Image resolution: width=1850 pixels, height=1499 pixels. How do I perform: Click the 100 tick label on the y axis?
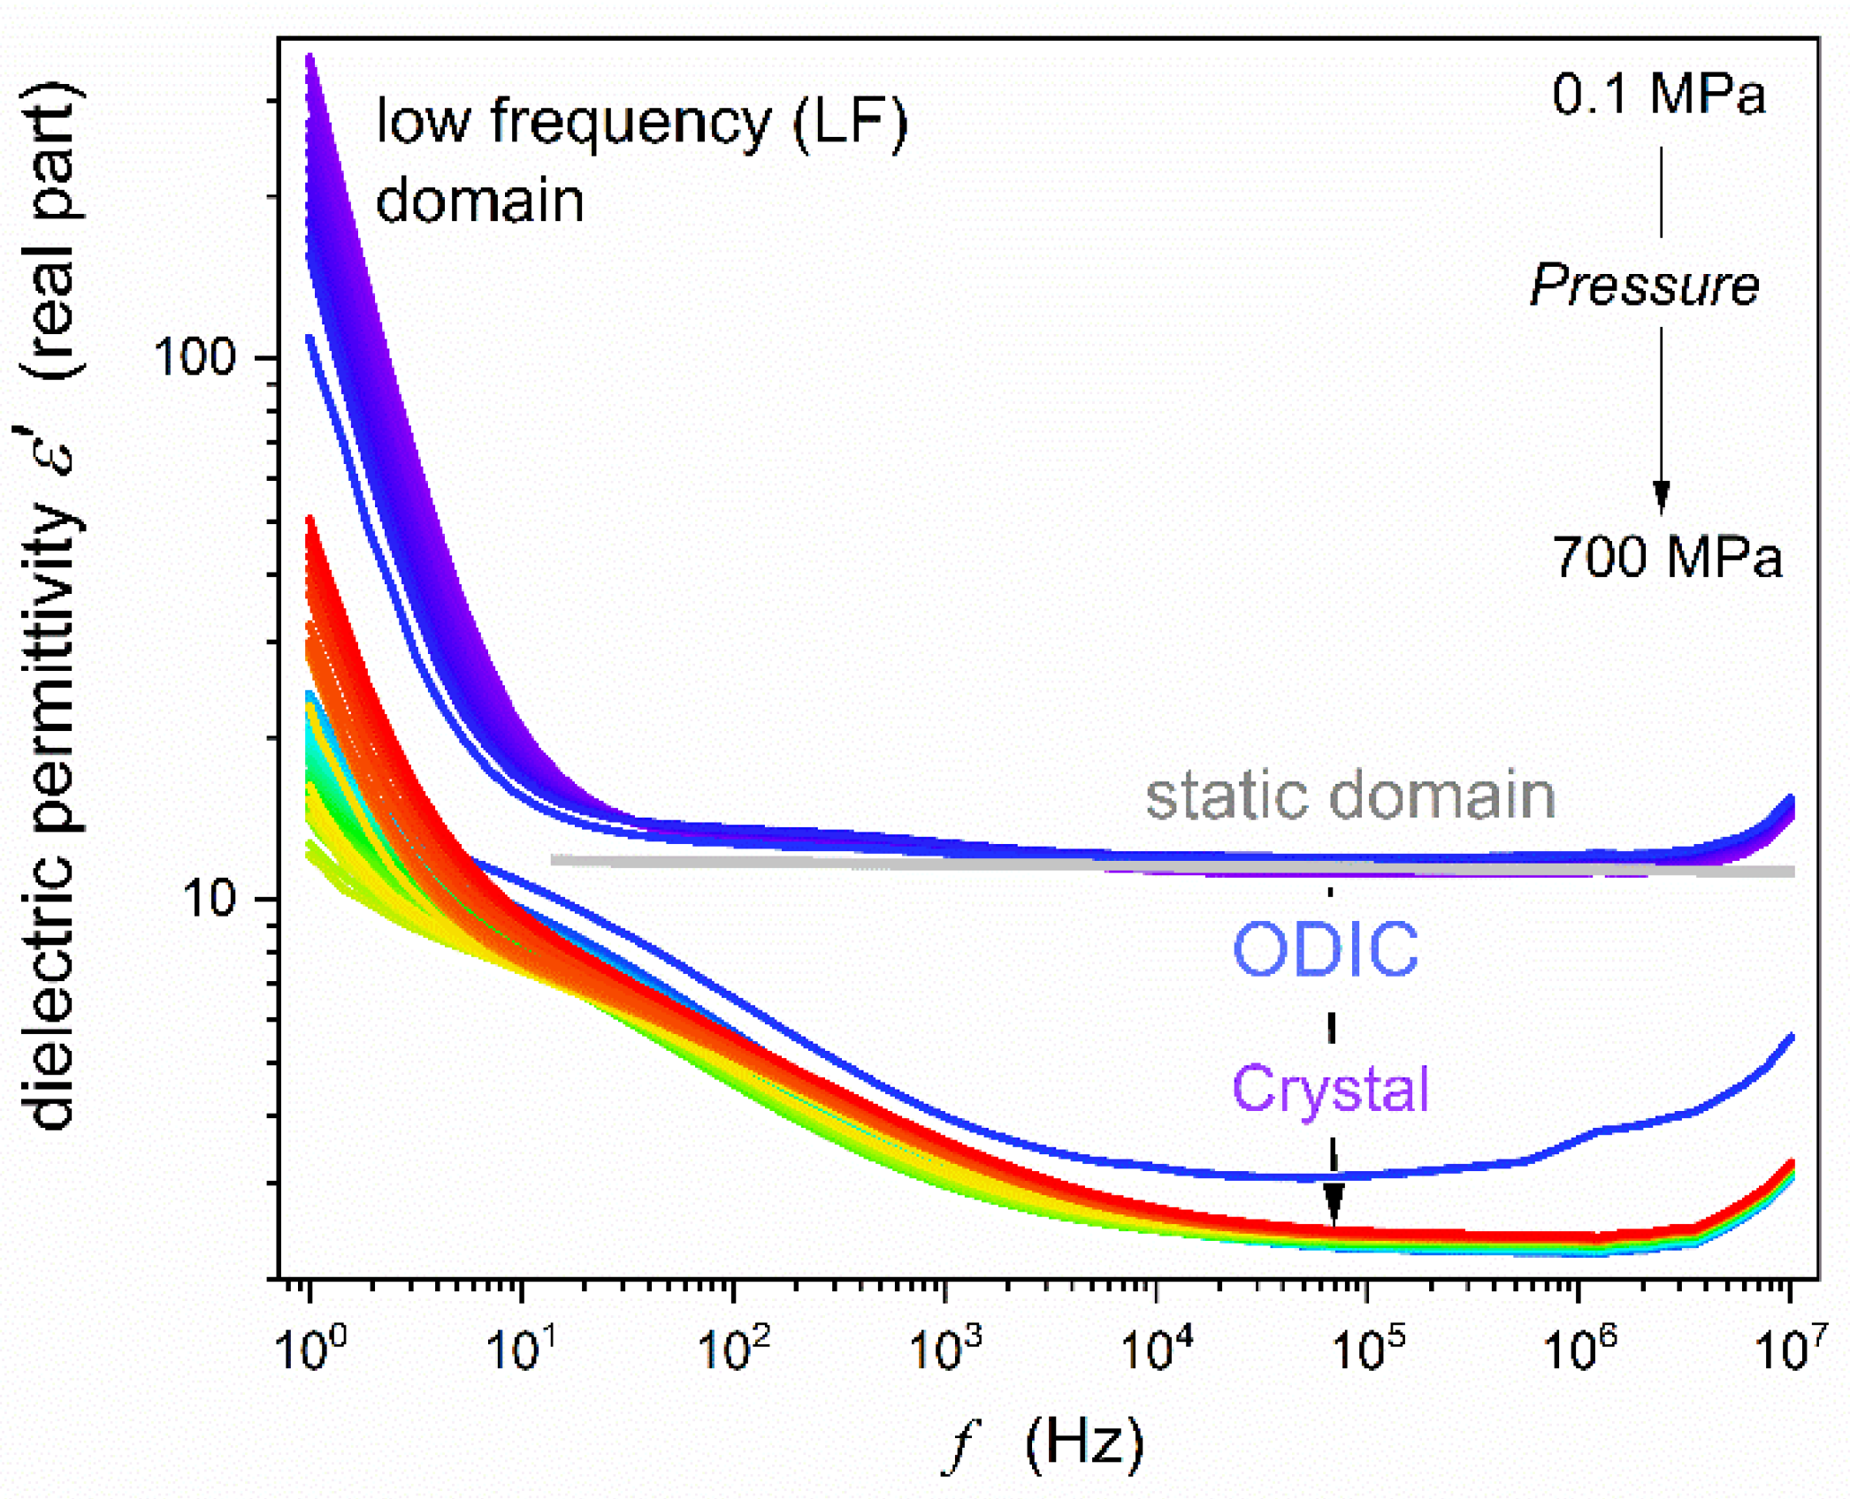click(194, 357)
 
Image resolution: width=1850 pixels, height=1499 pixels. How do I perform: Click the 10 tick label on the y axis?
click(209, 899)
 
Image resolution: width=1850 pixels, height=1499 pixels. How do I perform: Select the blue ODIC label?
click(1326, 949)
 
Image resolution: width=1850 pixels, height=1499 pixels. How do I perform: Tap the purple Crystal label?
click(1330, 1088)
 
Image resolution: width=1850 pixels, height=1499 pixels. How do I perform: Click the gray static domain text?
click(1349, 795)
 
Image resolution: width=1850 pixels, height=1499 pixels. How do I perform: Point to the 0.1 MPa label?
click(1658, 94)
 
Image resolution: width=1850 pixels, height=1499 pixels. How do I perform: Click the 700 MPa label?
click(1667, 557)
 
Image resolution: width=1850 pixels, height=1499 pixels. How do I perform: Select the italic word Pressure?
click(1645, 285)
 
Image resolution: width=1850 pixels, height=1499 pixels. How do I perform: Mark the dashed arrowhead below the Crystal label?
click(1334, 1206)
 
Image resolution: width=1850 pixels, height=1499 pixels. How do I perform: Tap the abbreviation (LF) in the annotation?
click(850, 122)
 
